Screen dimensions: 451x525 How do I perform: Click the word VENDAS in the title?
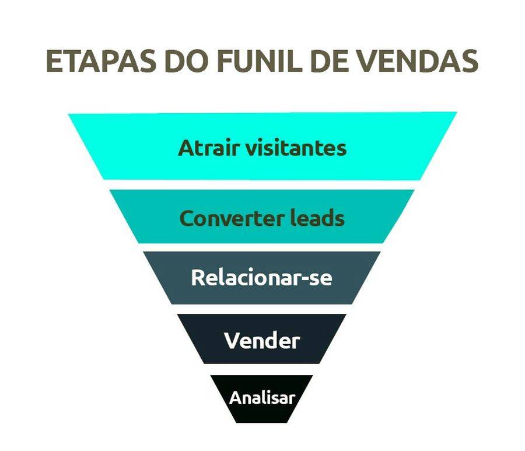click(x=418, y=62)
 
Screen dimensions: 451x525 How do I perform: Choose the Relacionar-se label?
click(x=261, y=277)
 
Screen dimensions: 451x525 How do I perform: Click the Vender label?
click(x=262, y=340)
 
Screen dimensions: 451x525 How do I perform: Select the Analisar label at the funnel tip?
click(x=262, y=398)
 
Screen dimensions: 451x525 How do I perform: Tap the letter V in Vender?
click(x=231, y=340)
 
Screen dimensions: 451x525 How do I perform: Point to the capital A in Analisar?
click(x=235, y=398)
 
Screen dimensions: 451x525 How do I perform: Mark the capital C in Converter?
click(x=187, y=218)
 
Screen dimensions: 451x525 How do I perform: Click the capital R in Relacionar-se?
click(x=198, y=277)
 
